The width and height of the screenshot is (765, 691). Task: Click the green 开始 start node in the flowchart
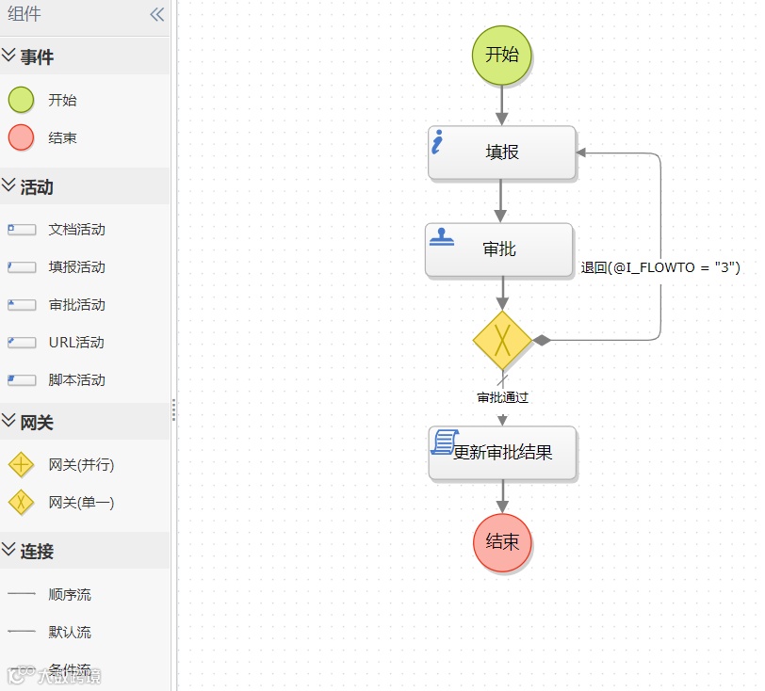pyautogui.click(x=501, y=55)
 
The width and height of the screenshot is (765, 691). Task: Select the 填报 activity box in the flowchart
pyautogui.click(x=501, y=153)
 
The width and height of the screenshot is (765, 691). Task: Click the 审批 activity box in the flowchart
pyautogui.click(x=499, y=249)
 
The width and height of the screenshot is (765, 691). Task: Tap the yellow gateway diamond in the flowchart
pyautogui.click(x=502, y=340)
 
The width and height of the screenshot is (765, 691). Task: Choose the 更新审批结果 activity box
pyautogui.click(x=502, y=453)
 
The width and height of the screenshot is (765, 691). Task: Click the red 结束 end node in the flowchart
pyautogui.click(x=502, y=542)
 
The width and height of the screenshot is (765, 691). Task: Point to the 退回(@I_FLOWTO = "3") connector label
pyautogui.click(x=660, y=267)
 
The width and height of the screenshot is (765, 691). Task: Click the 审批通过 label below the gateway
pyautogui.click(x=502, y=397)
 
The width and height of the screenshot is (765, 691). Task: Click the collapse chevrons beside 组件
pyautogui.click(x=156, y=14)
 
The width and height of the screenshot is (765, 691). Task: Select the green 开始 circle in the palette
pyautogui.click(x=21, y=100)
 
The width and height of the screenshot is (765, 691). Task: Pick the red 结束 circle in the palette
pyautogui.click(x=21, y=137)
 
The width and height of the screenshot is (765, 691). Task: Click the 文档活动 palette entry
pyautogui.click(x=76, y=230)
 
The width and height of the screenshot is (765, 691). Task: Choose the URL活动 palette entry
pyautogui.click(x=75, y=343)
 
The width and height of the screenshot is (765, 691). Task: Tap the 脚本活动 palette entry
pyautogui.click(x=76, y=380)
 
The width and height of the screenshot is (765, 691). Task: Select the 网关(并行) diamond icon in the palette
pyautogui.click(x=21, y=465)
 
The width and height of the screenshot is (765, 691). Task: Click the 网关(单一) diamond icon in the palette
pyautogui.click(x=21, y=503)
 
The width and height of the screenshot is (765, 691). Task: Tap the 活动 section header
pyautogui.click(x=37, y=187)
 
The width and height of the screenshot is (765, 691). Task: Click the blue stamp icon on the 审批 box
pyautogui.click(x=442, y=237)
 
